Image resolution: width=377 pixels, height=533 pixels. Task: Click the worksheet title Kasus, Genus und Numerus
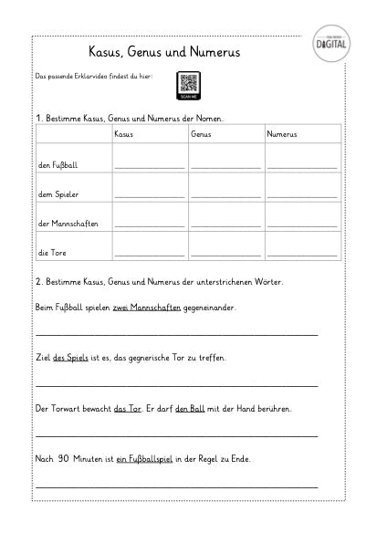pos(163,52)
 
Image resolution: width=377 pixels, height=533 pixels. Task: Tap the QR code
pos(190,83)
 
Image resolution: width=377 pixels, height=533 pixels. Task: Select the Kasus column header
pos(123,135)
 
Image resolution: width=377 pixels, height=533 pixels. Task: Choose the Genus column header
pos(202,135)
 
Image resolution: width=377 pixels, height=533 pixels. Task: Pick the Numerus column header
pos(282,135)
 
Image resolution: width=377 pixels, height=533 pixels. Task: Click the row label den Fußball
pos(56,165)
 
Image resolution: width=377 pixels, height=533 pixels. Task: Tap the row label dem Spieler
pos(56,194)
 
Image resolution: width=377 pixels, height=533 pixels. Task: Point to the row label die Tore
pos(51,252)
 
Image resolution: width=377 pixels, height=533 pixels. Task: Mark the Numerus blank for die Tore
pos(301,255)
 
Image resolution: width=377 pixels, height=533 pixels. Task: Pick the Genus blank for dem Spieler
pos(225,197)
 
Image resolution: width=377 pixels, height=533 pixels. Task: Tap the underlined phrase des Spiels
pos(71,358)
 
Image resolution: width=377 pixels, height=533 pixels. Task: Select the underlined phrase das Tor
pos(128,409)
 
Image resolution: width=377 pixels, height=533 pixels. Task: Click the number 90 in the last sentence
pos(64,458)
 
